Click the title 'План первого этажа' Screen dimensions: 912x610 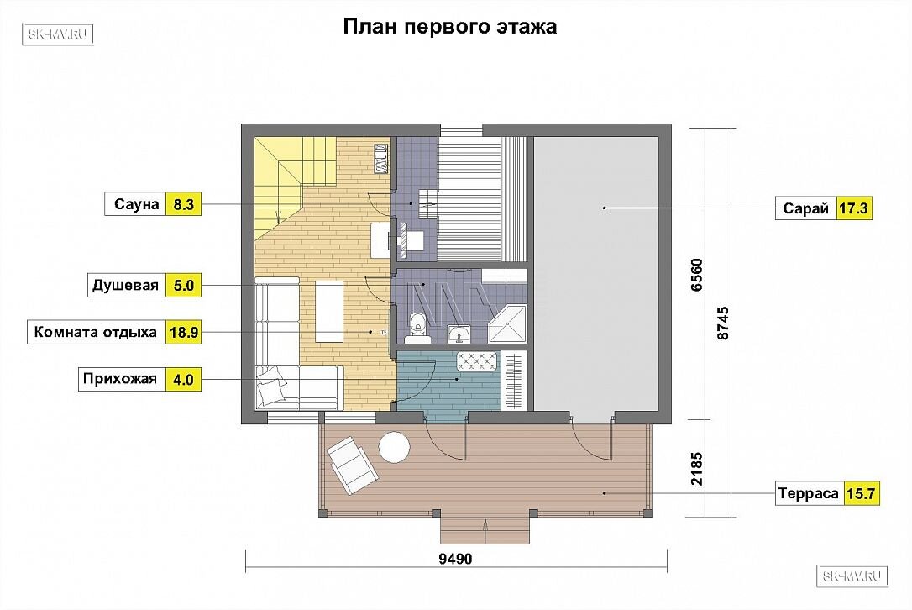(x=449, y=26)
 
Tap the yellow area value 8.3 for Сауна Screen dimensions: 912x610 (x=183, y=204)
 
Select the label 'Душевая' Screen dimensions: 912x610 (x=126, y=286)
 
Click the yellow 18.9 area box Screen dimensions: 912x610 (x=184, y=333)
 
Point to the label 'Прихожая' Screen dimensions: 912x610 (x=120, y=379)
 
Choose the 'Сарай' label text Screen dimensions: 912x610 (x=805, y=208)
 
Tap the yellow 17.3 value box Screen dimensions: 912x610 (x=853, y=208)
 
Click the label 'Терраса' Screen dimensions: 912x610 (x=809, y=493)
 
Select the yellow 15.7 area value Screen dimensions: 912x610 (x=861, y=493)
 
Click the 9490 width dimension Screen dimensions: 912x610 (x=455, y=560)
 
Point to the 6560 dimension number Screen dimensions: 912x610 (x=696, y=275)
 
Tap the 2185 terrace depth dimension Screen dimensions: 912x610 (x=696, y=469)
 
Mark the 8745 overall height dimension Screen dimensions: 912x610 (x=722, y=323)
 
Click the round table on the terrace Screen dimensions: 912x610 (x=395, y=447)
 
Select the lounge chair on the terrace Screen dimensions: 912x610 (x=353, y=466)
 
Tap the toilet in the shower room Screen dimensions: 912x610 (x=417, y=325)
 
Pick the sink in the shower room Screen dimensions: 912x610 (x=460, y=334)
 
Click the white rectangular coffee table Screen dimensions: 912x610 (x=329, y=312)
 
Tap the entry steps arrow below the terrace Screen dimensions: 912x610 (x=485, y=529)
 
